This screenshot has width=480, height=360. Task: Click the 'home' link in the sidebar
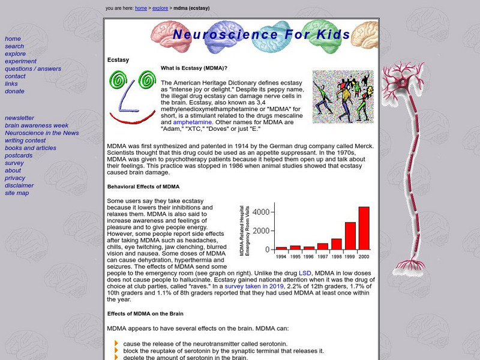pos(13,39)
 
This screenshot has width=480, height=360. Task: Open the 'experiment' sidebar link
pos(20,61)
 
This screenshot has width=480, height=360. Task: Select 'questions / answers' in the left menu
pos(33,69)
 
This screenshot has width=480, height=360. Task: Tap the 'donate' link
pos(14,91)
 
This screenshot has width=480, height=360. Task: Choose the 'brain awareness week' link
pos(37,125)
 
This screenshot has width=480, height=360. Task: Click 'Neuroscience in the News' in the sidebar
pos(42,133)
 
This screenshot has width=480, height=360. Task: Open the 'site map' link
pos(17,193)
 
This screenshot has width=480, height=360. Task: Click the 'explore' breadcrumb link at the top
pos(160,8)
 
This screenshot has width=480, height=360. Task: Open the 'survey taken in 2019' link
pos(255,286)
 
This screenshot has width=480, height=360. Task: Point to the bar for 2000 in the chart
pos(364,227)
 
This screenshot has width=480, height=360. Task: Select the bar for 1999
pos(350,235)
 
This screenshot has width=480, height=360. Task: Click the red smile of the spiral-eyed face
pos(133,120)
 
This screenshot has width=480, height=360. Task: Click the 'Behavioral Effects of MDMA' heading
pos(143,187)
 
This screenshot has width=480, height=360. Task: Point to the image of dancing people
pos(343,97)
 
